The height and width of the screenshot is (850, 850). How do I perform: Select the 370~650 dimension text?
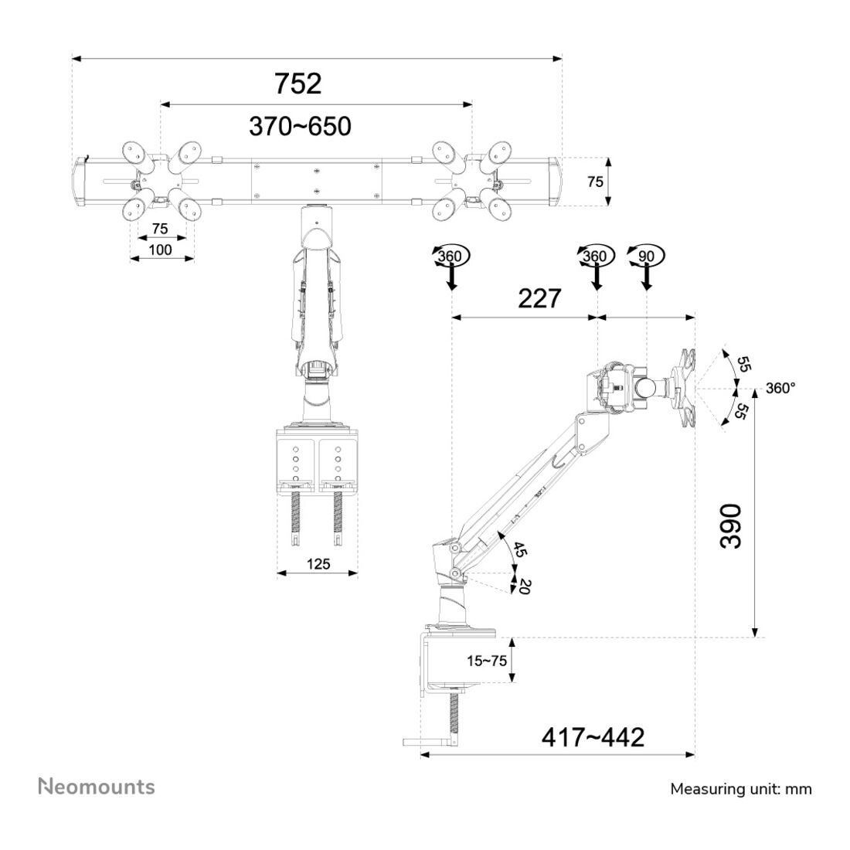[300, 126]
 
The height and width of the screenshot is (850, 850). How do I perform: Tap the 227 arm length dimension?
[539, 298]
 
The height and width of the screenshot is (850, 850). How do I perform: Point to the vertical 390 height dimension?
[730, 526]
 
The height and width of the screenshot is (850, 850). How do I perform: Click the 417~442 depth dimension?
[593, 737]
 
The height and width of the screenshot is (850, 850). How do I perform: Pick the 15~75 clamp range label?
[487, 661]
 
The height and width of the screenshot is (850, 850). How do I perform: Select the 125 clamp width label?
[317, 563]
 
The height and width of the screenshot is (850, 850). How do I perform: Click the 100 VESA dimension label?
[160, 250]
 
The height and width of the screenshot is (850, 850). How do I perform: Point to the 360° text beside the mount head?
[780, 389]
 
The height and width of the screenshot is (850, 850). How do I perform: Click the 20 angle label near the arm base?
[525, 585]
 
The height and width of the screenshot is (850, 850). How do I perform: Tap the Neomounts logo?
[97, 787]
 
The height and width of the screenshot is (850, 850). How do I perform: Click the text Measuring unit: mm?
[740, 789]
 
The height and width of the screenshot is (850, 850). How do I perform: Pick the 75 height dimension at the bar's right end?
[595, 182]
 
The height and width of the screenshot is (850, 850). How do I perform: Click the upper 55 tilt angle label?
[743, 364]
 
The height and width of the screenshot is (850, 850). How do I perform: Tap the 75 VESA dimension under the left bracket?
[160, 229]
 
